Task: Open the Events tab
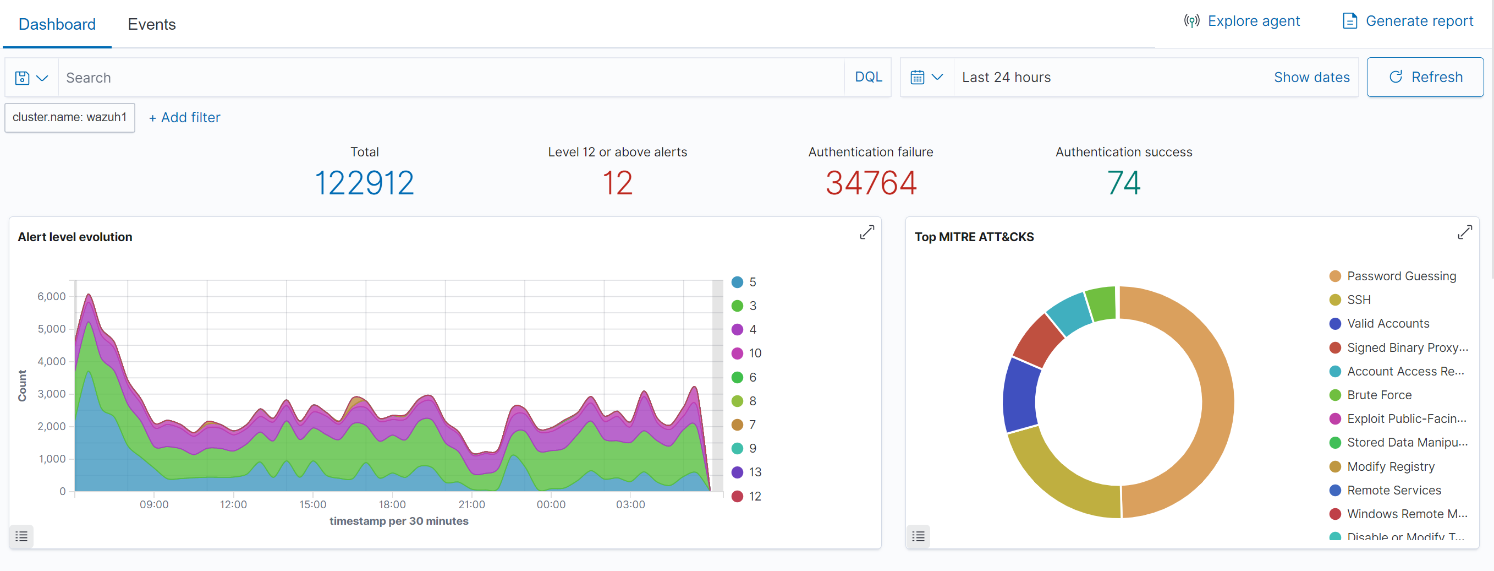151,24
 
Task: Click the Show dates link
1311,77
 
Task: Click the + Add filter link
184,118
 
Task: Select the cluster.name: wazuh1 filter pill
70,117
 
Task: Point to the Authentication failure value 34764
870,183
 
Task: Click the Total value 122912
364,183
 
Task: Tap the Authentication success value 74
1123,183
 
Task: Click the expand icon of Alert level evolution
866,233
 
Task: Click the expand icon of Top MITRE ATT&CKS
1464,233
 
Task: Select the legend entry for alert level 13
754,472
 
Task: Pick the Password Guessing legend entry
1400,276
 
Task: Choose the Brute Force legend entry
1378,395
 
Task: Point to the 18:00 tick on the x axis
392,504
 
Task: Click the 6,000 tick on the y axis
52,297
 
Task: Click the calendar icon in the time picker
917,77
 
